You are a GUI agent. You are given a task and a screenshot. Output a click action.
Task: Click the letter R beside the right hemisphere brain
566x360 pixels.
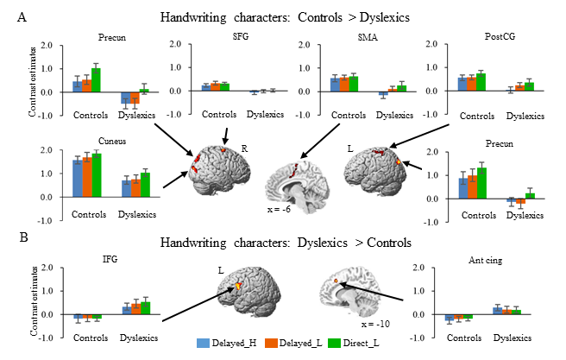(x=245, y=148)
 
